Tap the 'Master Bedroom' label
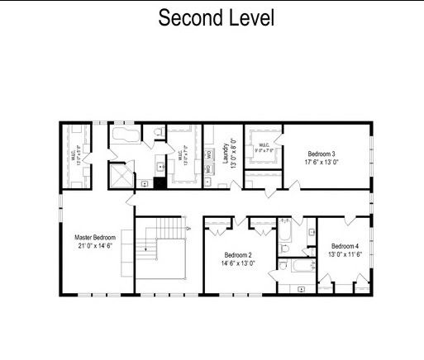(x=95, y=237)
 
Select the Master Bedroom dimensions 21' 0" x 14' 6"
(x=95, y=246)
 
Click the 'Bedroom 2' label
(x=237, y=254)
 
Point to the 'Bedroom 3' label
(x=322, y=154)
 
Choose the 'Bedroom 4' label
(x=345, y=246)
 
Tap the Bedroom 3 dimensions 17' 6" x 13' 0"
(x=322, y=163)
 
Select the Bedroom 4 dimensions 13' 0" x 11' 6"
(x=345, y=255)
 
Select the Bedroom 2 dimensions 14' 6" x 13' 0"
(x=237, y=263)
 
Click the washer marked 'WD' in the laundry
(x=210, y=154)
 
